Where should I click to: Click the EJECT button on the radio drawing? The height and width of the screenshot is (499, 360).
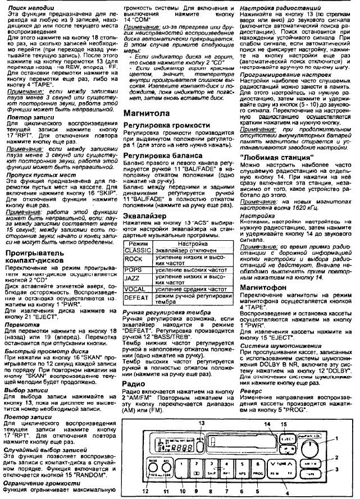288,436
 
